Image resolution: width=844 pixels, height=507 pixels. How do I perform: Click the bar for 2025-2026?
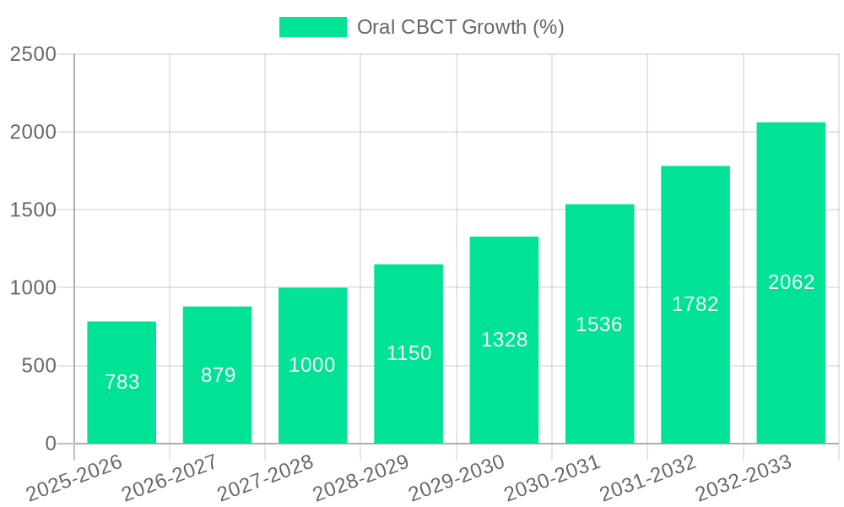point(122,383)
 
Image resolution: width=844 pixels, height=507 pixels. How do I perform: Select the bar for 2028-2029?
point(408,354)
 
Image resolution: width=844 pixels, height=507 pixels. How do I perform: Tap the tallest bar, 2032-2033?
point(791,283)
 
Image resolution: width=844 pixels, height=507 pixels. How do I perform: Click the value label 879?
point(218,375)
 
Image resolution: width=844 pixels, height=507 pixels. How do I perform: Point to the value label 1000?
point(312,365)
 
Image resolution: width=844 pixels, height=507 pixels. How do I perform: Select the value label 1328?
point(504,340)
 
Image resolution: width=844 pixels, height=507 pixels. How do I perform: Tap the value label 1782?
point(695,304)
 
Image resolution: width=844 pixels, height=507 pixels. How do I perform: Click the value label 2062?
point(791,282)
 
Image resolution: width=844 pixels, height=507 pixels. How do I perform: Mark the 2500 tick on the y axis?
point(33,54)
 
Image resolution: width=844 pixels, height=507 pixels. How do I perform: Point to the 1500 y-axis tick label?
point(33,210)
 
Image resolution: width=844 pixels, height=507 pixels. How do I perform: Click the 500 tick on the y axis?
point(39,366)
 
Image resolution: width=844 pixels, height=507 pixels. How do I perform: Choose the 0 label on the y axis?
point(51,444)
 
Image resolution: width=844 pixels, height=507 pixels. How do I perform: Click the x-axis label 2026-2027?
point(170,478)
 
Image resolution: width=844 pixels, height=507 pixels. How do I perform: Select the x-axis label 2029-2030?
point(457,478)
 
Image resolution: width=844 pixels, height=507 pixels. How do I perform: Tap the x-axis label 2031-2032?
point(648,478)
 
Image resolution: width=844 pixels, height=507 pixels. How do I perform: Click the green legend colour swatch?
point(313,27)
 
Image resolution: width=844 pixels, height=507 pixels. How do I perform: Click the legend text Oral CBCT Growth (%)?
point(460,27)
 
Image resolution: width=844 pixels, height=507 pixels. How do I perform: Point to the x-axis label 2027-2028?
point(265,478)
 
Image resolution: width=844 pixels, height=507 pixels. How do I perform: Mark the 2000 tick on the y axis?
point(33,133)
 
